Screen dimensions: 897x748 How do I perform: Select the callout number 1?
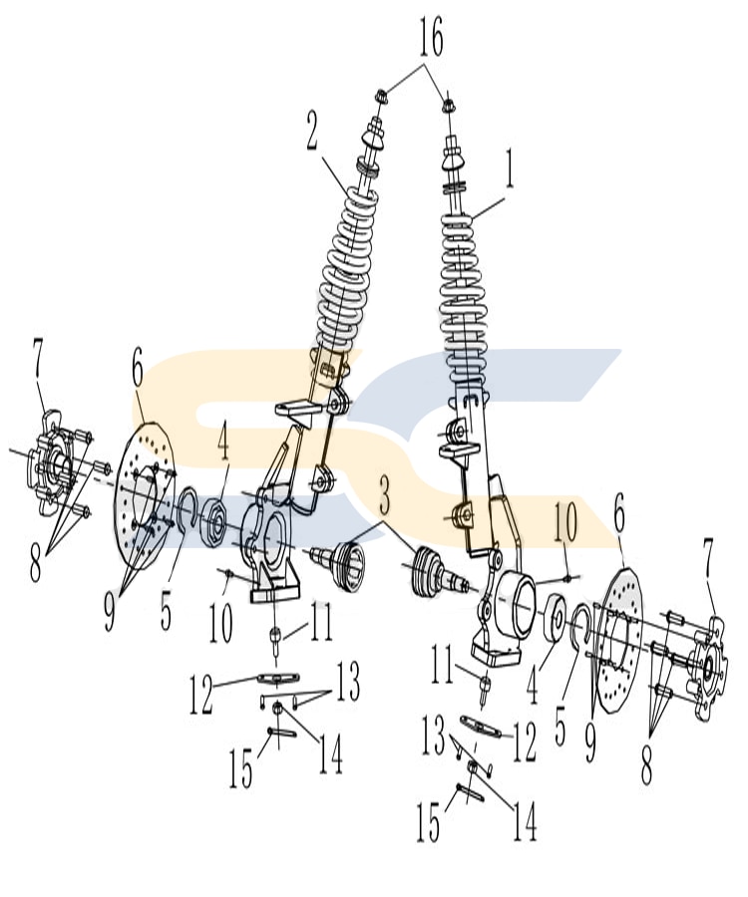click(510, 169)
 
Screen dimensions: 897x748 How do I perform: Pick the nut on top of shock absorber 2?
click(381, 97)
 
